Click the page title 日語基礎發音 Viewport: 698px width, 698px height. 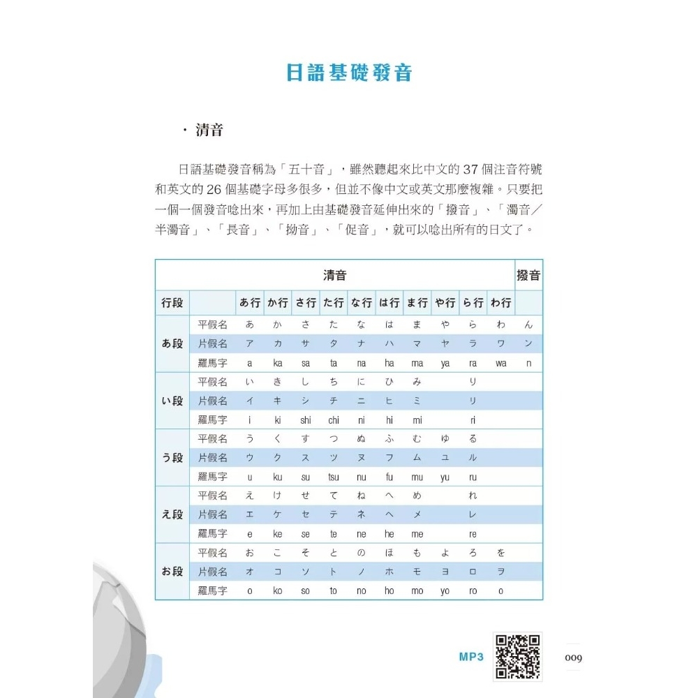(349, 73)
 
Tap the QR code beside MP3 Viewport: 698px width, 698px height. (517, 657)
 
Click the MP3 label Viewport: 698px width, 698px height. (471, 658)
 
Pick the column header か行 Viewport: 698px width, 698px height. (278, 303)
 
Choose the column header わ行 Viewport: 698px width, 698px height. (501, 303)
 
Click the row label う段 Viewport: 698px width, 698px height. (172, 458)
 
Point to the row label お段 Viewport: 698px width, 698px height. (172, 572)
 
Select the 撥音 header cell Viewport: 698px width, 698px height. (528, 275)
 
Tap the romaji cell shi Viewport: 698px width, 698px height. (306, 420)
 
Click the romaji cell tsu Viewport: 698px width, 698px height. (334, 477)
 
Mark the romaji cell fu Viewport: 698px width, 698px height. (389, 477)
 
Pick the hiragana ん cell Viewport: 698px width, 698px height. (528, 325)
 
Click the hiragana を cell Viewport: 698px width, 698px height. (501, 552)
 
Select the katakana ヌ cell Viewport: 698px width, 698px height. (362, 458)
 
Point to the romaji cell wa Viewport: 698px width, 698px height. (501, 364)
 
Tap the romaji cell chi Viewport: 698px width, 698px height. (334, 420)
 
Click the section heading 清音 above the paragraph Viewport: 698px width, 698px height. (209, 131)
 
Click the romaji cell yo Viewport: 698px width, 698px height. (445, 591)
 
